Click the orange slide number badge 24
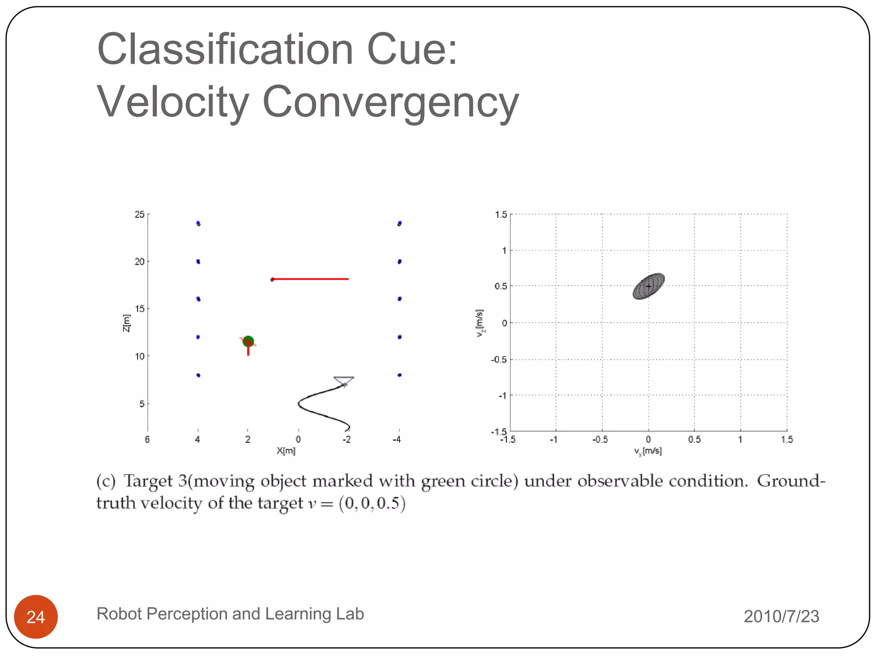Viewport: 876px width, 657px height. click(36, 616)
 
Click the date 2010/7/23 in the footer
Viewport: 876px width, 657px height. click(781, 616)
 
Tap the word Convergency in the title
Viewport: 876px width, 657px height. click(390, 102)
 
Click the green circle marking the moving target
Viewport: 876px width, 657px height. click(248, 341)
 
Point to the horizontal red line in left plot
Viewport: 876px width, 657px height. click(310, 279)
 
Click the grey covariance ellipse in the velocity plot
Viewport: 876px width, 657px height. click(648, 286)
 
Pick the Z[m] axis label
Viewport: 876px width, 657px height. click(126, 323)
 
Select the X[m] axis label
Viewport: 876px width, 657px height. click(286, 450)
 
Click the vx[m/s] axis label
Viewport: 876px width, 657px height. click(648, 451)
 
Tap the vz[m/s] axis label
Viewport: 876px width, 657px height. click(480, 323)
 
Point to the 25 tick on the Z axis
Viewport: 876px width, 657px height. click(139, 214)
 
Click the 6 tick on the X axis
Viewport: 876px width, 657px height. click(147, 439)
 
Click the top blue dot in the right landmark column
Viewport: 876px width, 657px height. click(400, 223)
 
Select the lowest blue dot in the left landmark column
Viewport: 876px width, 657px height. click(198, 375)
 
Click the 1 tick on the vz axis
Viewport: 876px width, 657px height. click(504, 250)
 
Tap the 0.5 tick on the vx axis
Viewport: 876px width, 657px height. click(694, 439)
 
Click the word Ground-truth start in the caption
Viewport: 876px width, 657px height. click(790, 481)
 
